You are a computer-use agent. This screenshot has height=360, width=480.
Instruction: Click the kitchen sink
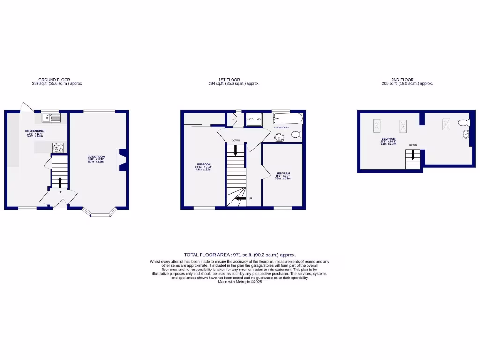tap(49, 118)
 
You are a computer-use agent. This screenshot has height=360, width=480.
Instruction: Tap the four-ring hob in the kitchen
tap(59, 148)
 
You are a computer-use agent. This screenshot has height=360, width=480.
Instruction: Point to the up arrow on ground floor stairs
tap(60, 182)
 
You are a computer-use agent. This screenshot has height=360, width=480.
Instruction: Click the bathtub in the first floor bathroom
tap(287, 118)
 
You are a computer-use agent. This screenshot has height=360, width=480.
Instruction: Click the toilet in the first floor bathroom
tap(296, 135)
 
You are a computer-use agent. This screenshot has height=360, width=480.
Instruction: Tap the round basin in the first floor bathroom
tap(279, 137)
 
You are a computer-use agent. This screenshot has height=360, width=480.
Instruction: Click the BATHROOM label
tap(281, 127)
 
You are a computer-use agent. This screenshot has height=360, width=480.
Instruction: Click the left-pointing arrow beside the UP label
tap(240, 199)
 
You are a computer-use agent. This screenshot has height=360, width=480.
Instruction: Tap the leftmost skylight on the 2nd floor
tap(377, 125)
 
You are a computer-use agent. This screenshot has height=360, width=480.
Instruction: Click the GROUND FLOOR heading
tap(54, 80)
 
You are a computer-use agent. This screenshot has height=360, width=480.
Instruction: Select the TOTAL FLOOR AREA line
tap(240, 255)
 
